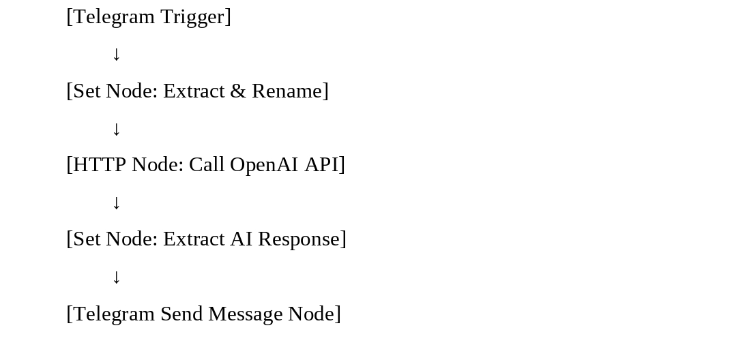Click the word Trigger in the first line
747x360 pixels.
click(x=195, y=17)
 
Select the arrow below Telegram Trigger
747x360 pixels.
click(x=116, y=54)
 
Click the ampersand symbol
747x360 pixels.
click(x=237, y=91)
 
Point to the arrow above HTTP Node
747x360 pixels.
click(x=116, y=129)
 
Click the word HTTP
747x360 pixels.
click(x=100, y=165)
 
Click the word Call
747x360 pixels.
click(x=207, y=165)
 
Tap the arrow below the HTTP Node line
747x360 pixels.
click(x=116, y=202)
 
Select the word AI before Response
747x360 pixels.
click(x=241, y=239)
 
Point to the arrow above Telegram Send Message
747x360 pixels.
click(x=116, y=277)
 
